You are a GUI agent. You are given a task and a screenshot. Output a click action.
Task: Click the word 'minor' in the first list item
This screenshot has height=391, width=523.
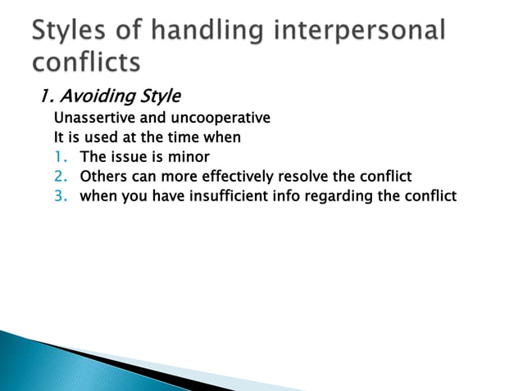coord(191,157)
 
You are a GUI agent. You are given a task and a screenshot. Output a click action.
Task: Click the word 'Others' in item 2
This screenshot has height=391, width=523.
coord(102,177)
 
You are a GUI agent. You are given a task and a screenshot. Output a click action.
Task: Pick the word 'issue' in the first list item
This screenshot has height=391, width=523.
coord(125,157)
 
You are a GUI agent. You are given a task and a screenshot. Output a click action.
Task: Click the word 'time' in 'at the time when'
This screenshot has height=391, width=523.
coord(173,137)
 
